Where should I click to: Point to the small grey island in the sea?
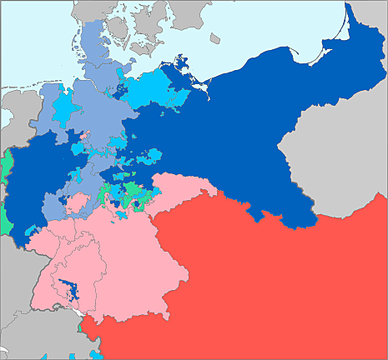(x=214, y=38)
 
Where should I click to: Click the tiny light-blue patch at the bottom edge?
(x=98, y=355)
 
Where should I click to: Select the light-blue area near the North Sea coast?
(x=61, y=108)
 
